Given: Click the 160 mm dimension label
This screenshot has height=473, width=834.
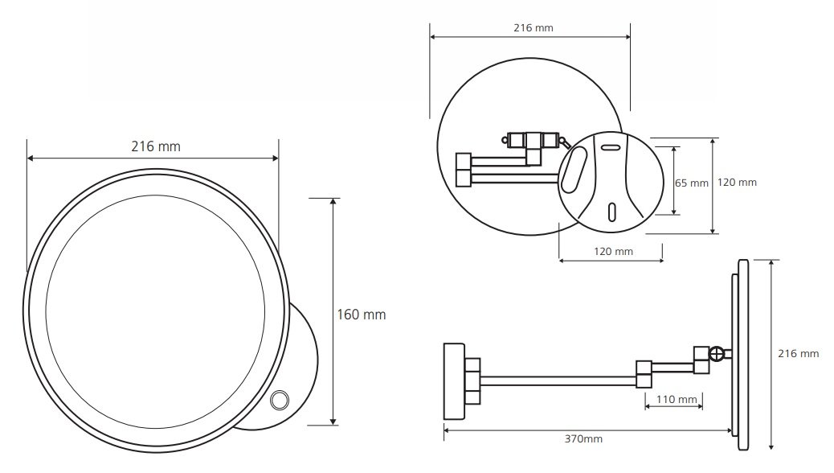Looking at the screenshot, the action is (x=361, y=315).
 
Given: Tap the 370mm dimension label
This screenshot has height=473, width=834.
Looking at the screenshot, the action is (x=583, y=439).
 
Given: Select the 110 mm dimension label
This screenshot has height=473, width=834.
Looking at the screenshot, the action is (x=677, y=400).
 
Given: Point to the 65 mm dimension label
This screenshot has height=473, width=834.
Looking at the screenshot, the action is (x=692, y=183).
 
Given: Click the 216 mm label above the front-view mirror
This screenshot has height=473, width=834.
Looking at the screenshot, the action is (x=156, y=146).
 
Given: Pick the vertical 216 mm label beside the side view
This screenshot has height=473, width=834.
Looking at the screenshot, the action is (x=799, y=354).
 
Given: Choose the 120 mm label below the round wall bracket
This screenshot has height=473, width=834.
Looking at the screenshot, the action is (x=613, y=252).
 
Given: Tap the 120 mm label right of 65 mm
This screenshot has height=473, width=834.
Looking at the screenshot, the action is (x=737, y=182).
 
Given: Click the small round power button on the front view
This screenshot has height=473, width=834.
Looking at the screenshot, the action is (x=280, y=400).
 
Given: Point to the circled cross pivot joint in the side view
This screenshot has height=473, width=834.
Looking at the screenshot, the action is (x=717, y=354).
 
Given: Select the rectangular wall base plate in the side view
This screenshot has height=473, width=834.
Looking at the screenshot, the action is (x=454, y=380).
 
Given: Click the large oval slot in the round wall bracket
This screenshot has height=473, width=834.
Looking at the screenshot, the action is (x=574, y=170).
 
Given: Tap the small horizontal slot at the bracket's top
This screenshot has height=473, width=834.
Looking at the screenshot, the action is (x=611, y=147).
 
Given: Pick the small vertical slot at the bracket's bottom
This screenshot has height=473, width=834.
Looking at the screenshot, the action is (x=612, y=212).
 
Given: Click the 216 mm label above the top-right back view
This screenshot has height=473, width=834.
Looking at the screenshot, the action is (x=534, y=27).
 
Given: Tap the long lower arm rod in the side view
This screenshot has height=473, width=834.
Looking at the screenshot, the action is (x=558, y=380).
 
